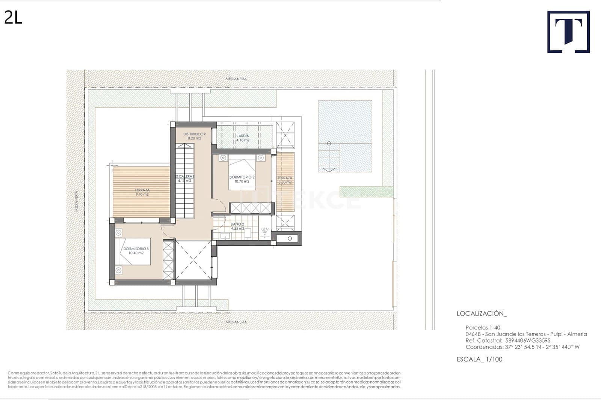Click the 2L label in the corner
pos(13,17)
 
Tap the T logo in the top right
pos(568,32)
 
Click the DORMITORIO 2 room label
pos(242,177)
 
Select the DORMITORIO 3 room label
pos(136,249)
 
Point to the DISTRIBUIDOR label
pos(194,134)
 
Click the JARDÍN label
pos(243,136)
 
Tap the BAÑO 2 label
pos(237,224)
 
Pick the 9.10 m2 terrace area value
pos(142,194)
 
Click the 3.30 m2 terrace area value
pos(285,182)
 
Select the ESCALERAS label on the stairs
pos(184,176)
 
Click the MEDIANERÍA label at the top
pos(236,79)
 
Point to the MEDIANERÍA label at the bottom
pos(236,322)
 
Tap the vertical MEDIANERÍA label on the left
pos(76,202)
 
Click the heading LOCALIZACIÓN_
pos(482,313)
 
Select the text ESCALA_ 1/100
pos(479,359)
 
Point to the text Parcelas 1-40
pos(483,328)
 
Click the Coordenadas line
pos(522,347)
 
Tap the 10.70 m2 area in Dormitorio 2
pos(242,181)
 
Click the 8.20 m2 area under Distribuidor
pos(194,138)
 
